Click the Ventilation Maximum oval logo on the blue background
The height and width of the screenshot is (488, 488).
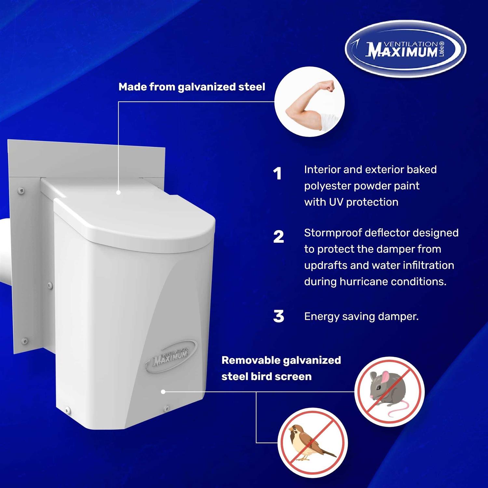405,49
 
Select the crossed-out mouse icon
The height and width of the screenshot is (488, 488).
389,391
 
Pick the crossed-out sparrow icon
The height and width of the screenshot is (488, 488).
313,443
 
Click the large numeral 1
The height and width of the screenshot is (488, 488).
277,174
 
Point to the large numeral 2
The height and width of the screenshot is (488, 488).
278,237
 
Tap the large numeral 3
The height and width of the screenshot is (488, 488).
278,317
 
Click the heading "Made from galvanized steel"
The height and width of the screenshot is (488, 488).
192,87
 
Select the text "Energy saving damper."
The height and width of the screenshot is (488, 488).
361,317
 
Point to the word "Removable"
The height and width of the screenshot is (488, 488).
251,360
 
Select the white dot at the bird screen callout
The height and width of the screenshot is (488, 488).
163,392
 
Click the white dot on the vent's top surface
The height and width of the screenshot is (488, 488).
118,193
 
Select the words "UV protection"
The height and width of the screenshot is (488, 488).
363,202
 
